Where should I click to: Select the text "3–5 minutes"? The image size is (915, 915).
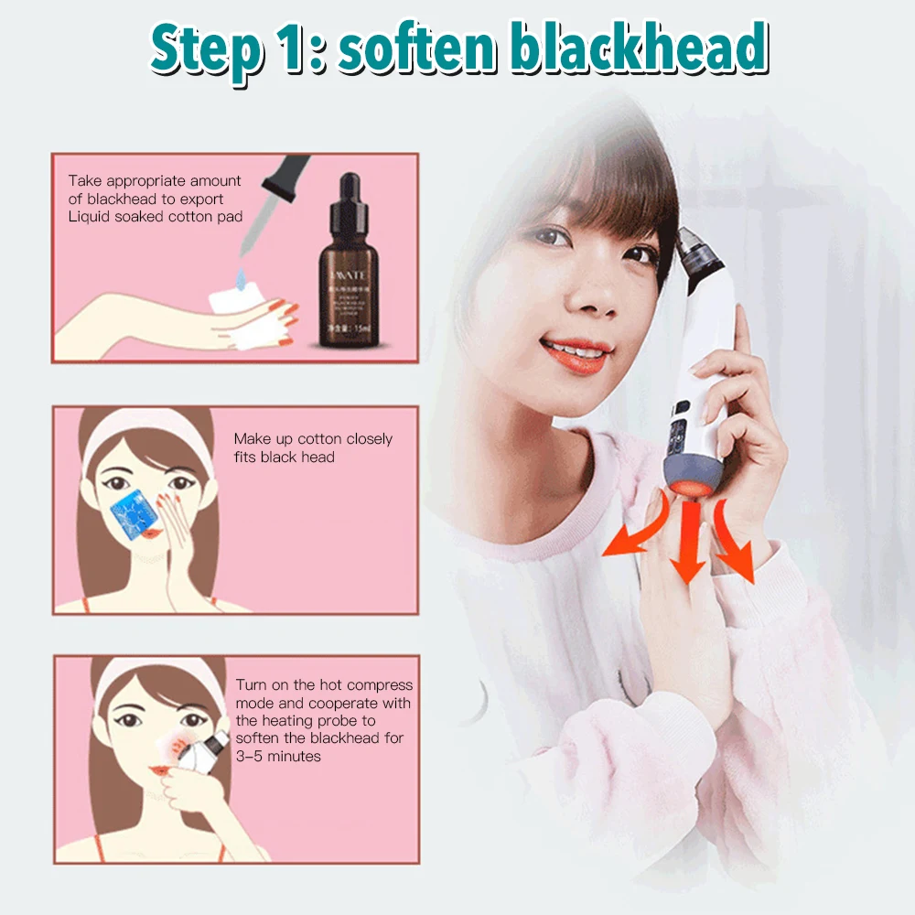pyautogui.click(x=278, y=757)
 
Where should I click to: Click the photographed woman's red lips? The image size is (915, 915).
pyautogui.click(x=575, y=352)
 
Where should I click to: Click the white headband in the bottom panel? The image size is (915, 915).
pyautogui.click(x=151, y=678)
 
